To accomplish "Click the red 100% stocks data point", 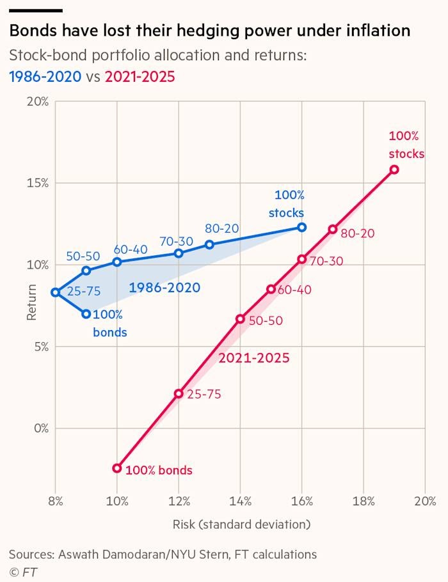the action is [x=394, y=169].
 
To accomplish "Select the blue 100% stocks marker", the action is [x=302, y=227].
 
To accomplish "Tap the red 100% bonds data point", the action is [x=117, y=468].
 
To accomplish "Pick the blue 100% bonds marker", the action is [x=86, y=314].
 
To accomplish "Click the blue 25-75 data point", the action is [x=55, y=292].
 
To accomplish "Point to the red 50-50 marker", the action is [x=241, y=319].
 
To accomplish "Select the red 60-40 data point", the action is [x=271, y=289].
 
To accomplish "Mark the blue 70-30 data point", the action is [x=179, y=253].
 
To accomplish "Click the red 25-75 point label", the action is [x=204, y=394].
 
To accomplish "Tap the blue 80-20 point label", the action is [x=222, y=228].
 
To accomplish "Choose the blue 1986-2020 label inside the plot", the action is [x=164, y=287].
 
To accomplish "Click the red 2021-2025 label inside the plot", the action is [x=253, y=358].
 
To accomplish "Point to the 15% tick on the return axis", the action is [x=38, y=183].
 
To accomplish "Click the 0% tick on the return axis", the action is [x=41, y=429].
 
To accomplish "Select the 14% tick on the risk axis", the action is [x=241, y=501].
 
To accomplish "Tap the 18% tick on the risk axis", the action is [x=364, y=501].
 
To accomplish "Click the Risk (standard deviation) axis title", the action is [x=241, y=524].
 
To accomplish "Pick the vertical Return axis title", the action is [x=31, y=302].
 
